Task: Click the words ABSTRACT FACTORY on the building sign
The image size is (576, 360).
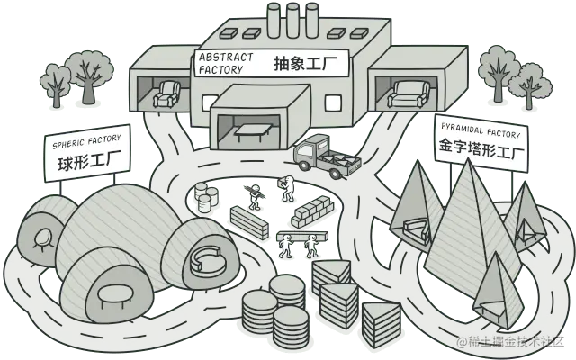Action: coord(221,63)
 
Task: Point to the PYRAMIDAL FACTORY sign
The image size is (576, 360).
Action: coord(480,140)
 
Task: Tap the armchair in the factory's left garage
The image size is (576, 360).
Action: coord(167,94)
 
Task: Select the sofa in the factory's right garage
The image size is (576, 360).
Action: coord(410,93)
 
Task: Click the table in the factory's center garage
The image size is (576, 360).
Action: coord(251,132)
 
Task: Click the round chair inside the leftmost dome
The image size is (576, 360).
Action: coord(41,237)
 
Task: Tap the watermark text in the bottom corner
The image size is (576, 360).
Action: coord(513,342)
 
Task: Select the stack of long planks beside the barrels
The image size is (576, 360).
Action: coord(250,221)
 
